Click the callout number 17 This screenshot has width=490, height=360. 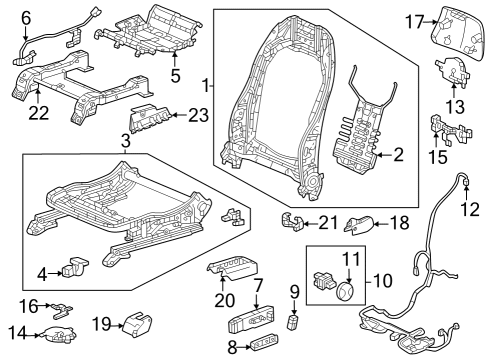tap(414, 22)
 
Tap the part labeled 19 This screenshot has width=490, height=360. tap(137, 323)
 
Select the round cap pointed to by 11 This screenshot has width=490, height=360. tap(345, 292)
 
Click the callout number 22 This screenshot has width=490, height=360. tap(39, 112)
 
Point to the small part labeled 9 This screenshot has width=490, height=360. tap(292, 322)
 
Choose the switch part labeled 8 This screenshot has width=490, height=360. tap(265, 342)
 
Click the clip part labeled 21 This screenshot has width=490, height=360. tap(292, 221)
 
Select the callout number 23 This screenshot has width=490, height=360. tap(198, 116)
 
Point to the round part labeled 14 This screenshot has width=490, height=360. tap(58, 335)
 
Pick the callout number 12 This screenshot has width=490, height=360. tap(470, 209)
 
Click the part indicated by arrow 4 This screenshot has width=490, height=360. tap(75, 267)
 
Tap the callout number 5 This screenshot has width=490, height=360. tap(175, 76)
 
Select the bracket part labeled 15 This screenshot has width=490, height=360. tap(451, 131)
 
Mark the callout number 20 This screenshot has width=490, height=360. tap(224, 300)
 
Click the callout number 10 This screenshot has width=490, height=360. tap(383, 281)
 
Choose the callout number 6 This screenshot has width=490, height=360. tap(26, 18)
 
